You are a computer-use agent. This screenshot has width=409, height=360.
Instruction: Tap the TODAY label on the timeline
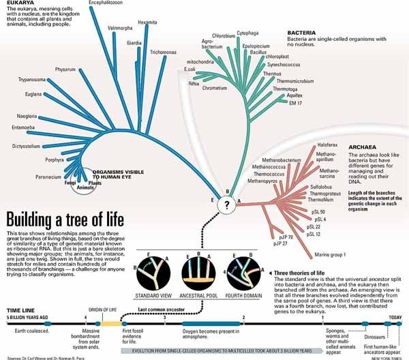[x=395, y=318]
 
